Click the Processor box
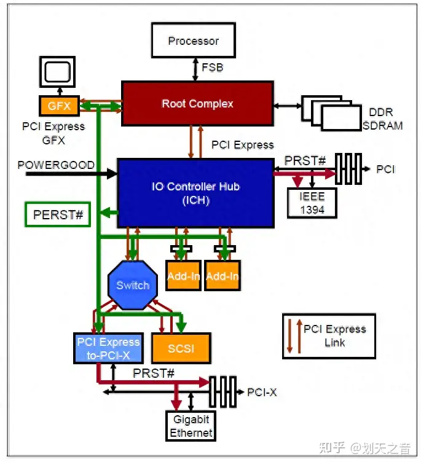194,41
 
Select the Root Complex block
197,103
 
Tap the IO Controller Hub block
195,192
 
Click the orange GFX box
59,106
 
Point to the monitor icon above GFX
57,72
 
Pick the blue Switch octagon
133,285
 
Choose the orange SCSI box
181,348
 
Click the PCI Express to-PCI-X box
108,348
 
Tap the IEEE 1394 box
312,202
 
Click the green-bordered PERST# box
58,215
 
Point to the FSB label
213,68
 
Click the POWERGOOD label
56,165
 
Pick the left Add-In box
183,276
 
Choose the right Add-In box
222,276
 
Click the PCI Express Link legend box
329,336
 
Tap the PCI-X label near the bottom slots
262,392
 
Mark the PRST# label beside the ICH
305,160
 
